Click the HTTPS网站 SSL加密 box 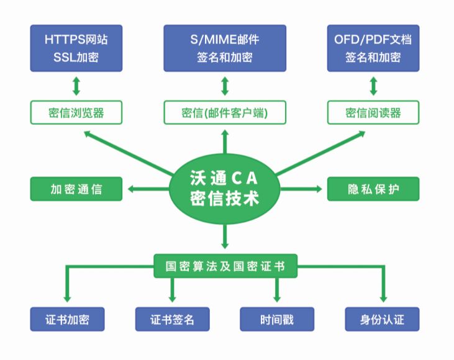click(x=76, y=48)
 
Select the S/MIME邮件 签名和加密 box click(x=225, y=48)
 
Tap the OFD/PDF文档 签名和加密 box click(x=373, y=48)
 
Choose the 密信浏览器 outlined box click(x=76, y=112)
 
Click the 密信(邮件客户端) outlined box click(x=225, y=112)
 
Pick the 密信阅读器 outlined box click(x=373, y=112)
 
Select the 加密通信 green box click(x=76, y=189)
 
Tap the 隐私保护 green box click(x=373, y=189)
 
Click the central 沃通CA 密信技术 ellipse click(x=225, y=189)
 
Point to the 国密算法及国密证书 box click(x=225, y=266)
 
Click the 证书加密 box click(x=67, y=319)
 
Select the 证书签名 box click(x=172, y=319)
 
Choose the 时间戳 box click(x=277, y=319)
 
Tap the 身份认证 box click(x=382, y=319)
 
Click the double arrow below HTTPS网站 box click(x=76, y=86)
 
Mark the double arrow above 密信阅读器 click(x=373, y=86)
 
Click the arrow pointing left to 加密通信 click(x=148, y=189)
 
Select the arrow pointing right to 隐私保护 click(x=301, y=189)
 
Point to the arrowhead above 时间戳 click(x=277, y=299)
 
